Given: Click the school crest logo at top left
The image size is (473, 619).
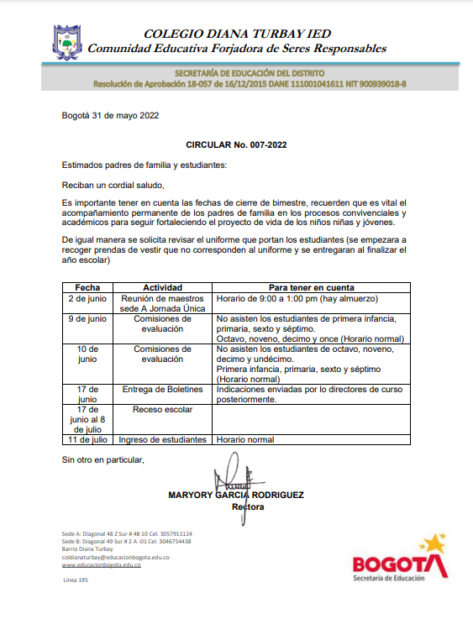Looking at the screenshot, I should coord(68,41).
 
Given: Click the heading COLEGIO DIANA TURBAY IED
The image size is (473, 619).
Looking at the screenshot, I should coord(237,34).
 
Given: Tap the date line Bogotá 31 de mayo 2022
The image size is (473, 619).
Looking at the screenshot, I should coord(110,115).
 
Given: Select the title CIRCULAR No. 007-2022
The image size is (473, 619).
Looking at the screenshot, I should coord(236,145).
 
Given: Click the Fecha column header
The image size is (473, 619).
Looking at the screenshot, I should coord(87,287).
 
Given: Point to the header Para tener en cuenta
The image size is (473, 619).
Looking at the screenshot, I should coord(311,287).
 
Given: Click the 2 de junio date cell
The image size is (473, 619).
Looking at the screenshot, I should coord(87,297).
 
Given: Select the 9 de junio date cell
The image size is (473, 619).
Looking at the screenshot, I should coord(87,319).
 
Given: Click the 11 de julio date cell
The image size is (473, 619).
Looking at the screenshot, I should coord(87,439).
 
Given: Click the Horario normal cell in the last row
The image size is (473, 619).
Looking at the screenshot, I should coord(245,439).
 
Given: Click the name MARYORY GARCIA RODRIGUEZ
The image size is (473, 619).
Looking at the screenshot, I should coord(236,496).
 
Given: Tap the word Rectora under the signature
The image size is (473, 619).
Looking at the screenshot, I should coord(248,507).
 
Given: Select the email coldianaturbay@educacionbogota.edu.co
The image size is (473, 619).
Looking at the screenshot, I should coord(117,558).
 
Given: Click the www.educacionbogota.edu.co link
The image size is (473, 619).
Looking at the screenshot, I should coord(102,565).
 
